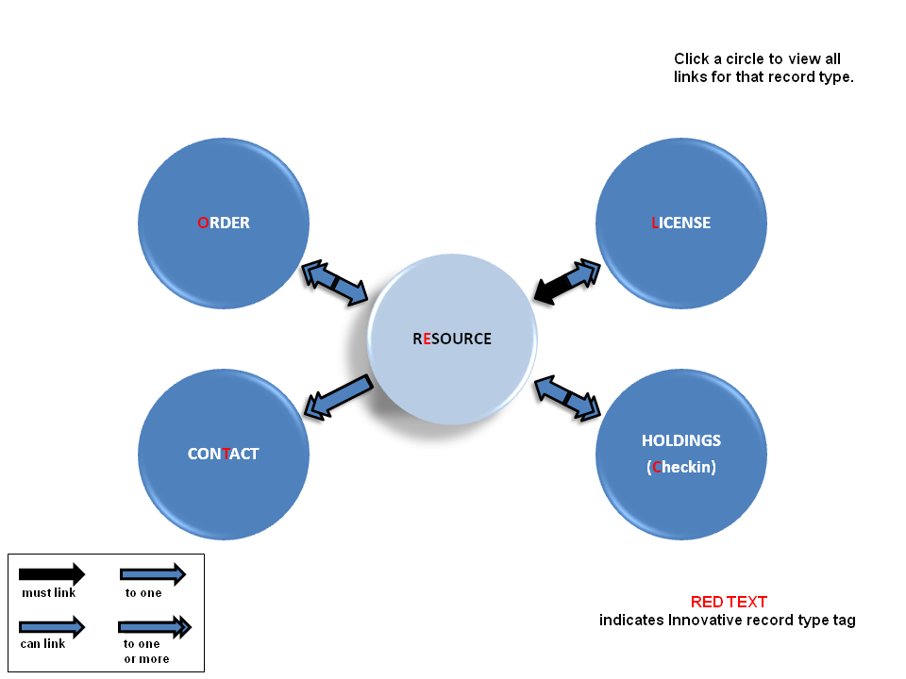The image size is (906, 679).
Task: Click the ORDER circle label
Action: (224, 223)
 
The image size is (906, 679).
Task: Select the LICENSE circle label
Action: (681, 223)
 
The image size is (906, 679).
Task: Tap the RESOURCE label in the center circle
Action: (452, 339)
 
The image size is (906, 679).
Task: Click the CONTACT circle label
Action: (223, 454)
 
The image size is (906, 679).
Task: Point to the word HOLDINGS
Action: (681, 440)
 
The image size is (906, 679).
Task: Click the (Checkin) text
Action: (681, 467)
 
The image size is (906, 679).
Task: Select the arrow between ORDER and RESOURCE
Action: (334, 282)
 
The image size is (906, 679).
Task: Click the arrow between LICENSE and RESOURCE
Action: (567, 281)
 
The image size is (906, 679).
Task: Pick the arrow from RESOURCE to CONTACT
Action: (339, 397)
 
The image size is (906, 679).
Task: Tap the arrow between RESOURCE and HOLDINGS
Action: (567, 398)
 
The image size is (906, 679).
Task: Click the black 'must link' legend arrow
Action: (52, 574)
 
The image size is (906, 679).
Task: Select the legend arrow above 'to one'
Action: (153, 574)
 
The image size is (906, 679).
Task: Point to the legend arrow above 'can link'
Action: (52, 626)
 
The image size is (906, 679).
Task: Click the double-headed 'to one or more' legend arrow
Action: (155, 626)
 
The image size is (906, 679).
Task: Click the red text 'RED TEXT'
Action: (729, 602)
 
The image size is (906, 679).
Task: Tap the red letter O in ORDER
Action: (203, 223)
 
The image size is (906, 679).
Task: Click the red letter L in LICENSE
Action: (655, 223)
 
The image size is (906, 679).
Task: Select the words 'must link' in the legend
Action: (48, 593)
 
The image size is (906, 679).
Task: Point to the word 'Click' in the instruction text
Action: (692, 58)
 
